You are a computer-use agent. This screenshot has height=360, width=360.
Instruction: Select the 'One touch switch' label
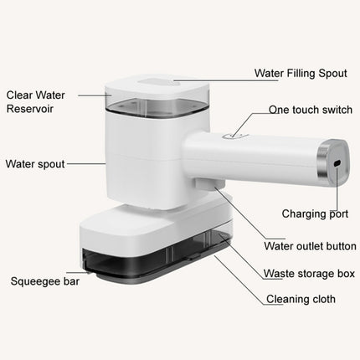[x=310, y=109]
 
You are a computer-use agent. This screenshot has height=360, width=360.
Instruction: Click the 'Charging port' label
[x=313, y=213]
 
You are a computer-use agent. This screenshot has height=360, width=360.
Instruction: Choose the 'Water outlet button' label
[x=310, y=246]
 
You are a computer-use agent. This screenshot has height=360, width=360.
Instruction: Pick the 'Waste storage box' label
[x=309, y=273]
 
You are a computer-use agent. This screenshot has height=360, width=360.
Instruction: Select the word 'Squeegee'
[x=30, y=284]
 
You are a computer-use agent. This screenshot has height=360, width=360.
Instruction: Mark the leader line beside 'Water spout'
[x=86, y=165]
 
